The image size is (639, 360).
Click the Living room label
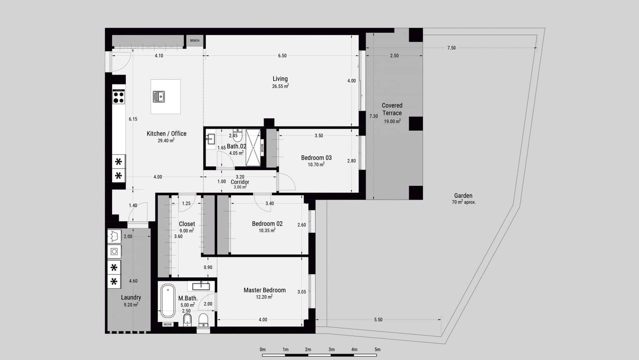click(280, 79)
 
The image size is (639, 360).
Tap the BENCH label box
click(194, 40)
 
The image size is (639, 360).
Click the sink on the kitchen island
click(159, 96)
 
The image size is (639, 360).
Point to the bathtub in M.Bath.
click(168, 300)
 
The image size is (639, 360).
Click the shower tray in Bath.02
click(252, 147)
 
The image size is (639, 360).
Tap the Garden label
click(463, 196)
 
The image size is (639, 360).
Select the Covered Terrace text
click(392, 109)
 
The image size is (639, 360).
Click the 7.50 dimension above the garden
click(451, 48)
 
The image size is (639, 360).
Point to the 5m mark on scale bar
click(377, 350)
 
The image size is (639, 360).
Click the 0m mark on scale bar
click(262, 350)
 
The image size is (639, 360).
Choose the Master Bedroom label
click(264, 290)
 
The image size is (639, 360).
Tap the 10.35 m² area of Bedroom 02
click(267, 230)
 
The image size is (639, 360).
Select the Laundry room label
click(131, 297)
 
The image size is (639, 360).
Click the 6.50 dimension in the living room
click(282, 56)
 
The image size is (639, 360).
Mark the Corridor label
click(240, 182)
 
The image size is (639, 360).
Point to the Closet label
click(187, 224)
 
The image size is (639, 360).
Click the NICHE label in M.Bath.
click(168, 324)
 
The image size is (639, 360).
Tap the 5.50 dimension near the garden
click(378, 320)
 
